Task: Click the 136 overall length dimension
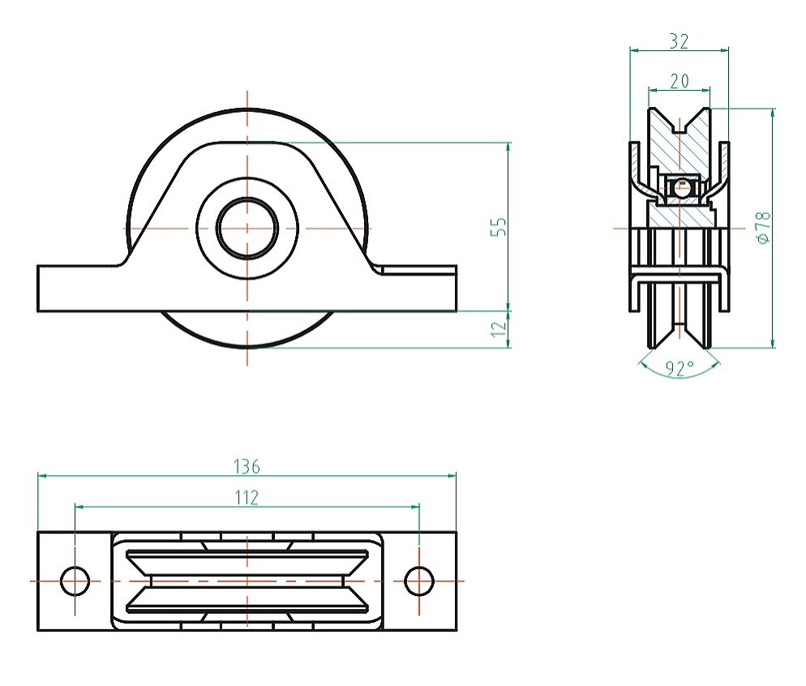click(247, 466)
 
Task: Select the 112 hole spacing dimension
click(247, 497)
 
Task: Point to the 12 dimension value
click(499, 328)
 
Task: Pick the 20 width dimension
click(679, 80)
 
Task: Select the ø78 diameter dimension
click(762, 228)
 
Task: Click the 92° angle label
click(680, 367)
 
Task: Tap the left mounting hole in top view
click(75, 581)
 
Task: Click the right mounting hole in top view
click(419, 581)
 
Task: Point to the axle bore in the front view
click(247, 228)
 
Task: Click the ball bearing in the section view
click(680, 187)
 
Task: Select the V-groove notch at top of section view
click(680, 122)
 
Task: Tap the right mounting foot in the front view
click(418, 288)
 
